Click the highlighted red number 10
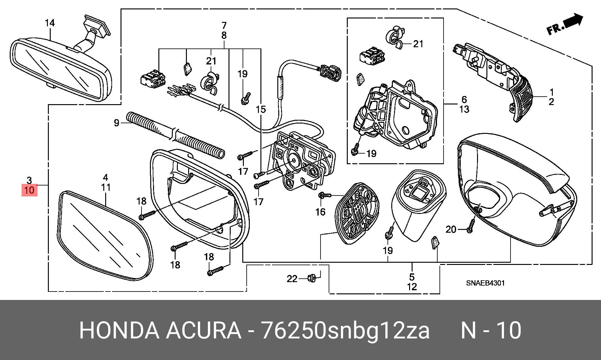29,190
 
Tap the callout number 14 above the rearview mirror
50,23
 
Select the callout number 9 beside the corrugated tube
116,123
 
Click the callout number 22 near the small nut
292,279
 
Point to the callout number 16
320,212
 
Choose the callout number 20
451,230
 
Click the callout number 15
261,109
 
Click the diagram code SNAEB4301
485,283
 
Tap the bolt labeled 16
324,195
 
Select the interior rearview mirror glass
60,69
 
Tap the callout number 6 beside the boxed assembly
464,100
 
